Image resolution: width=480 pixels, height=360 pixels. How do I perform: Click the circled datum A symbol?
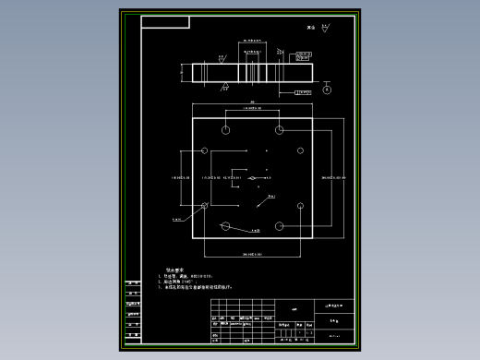(327, 90)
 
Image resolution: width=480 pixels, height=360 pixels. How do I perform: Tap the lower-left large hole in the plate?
(225, 224)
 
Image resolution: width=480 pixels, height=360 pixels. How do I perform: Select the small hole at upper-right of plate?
(300, 150)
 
